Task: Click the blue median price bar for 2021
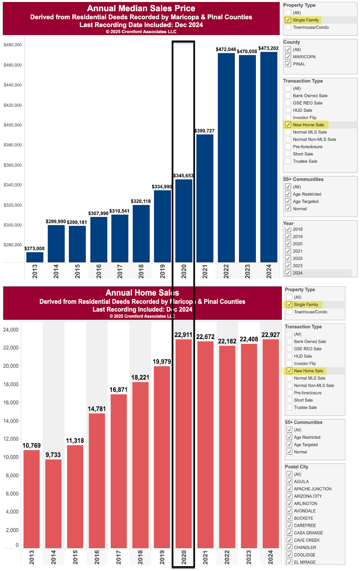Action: pyautogui.click(x=205, y=198)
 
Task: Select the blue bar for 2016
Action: pyautogui.click(x=98, y=239)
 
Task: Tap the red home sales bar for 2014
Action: pyautogui.click(x=53, y=504)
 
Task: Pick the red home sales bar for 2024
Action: pyautogui.click(x=270, y=444)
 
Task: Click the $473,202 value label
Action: pyautogui.click(x=268, y=48)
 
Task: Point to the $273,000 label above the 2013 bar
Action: pyautogui.click(x=34, y=248)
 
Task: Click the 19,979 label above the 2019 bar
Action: pyautogui.click(x=162, y=362)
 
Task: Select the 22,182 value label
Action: pyautogui.click(x=227, y=341)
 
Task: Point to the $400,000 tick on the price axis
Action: pyautogui.click(x=13, y=125)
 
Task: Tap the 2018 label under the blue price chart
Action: pyautogui.click(x=141, y=271)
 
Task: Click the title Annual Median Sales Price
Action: pyautogui.click(x=141, y=9)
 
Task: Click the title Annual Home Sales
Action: pyautogui.click(x=142, y=293)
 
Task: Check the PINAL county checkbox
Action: pyautogui.click(x=288, y=64)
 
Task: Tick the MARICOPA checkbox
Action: pyautogui.click(x=288, y=57)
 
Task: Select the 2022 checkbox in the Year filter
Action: pyautogui.click(x=288, y=258)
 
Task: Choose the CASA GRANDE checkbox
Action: pyautogui.click(x=289, y=533)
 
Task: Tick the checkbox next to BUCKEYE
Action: pyautogui.click(x=289, y=518)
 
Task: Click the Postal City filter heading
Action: pyautogui.click(x=296, y=467)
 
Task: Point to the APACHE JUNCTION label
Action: pyautogui.click(x=313, y=489)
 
